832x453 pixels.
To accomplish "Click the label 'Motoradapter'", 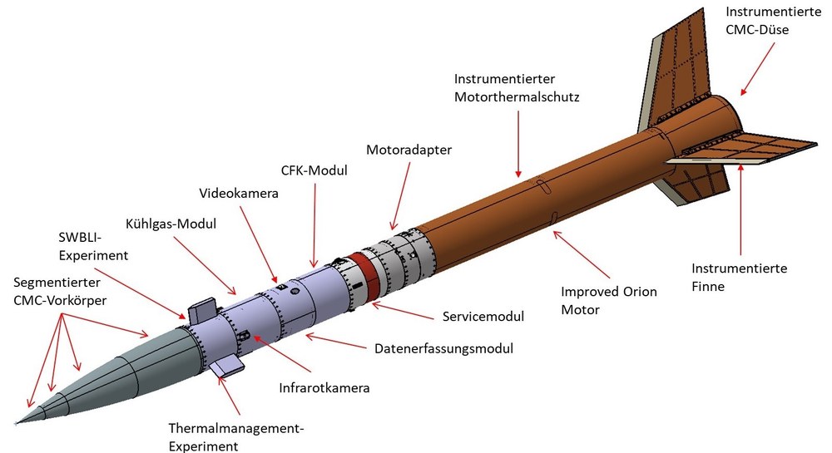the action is pyautogui.click(x=409, y=150).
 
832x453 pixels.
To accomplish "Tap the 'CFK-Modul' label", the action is pyautogui.click(x=314, y=170).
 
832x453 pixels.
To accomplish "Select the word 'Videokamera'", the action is pyautogui.click(x=239, y=194).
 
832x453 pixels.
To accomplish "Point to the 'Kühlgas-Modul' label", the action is pyautogui.click(x=171, y=224).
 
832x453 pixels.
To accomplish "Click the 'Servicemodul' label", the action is pyautogui.click(x=483, y=317).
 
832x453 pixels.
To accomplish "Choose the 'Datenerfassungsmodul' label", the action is pyautogui.click(x=444, y=348).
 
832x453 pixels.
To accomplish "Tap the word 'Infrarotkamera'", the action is pyautogui.click(x=324, y=388).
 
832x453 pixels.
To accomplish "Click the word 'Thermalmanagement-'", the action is pyautogui.click(x=236, y=428).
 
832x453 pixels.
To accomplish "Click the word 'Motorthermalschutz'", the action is pyautogui.click(x=517, y=97).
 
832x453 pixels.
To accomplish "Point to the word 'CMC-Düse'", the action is pyautogui.click(x=757, y=30).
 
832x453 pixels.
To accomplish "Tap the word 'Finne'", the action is pyautogui.click(x=708, y=287).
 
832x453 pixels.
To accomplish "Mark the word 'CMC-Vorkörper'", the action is pyautogui.click(x=60, y=300).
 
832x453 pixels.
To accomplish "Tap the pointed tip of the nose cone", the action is pyautogui.click(x=16, y=423).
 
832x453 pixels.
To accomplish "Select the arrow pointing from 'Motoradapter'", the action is pyautogui.click(x=401, y=196).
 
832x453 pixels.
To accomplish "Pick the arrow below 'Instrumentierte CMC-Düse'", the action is pyautogui.click(x=758, y=69).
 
